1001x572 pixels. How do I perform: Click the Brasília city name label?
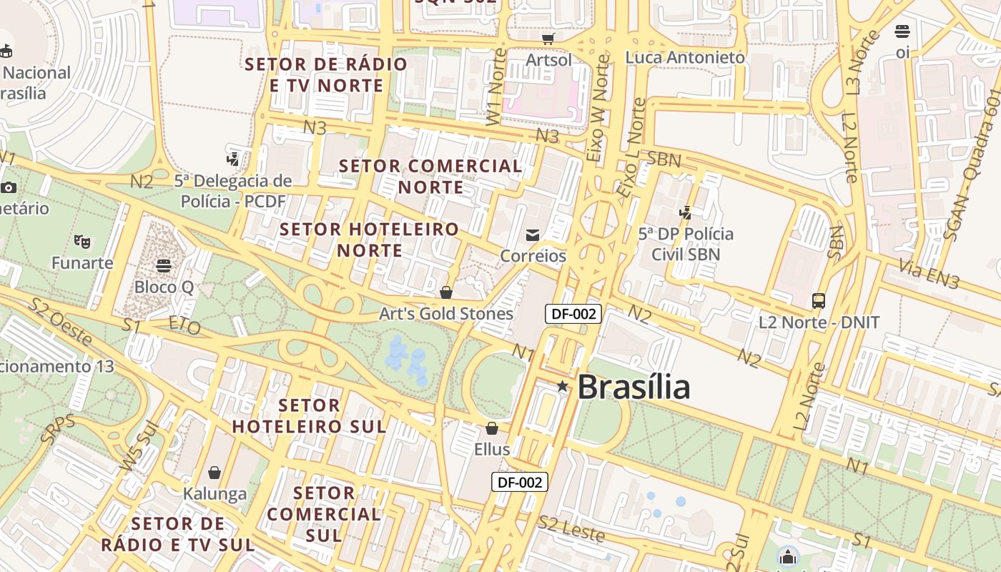pos(633,387)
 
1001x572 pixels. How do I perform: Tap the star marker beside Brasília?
pos(563,386)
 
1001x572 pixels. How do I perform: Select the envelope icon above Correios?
pos(533,235)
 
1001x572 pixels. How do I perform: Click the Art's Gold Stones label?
pos(446,314)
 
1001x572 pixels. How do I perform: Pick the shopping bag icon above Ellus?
pos(492,428)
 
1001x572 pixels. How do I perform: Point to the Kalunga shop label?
pos(214,493)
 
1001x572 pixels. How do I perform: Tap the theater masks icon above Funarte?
pos(82,242)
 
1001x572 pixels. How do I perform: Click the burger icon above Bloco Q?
pos(164,266)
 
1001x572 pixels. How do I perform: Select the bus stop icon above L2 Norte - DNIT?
pos(819,301)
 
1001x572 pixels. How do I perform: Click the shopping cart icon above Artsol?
pos(548,39)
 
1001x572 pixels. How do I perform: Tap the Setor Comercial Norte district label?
pos(430,177)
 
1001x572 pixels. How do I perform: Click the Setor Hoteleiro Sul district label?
pos(309,416)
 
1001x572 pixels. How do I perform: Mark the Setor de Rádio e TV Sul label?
pos(177,534)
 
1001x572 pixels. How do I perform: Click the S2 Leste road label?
pos(571,529)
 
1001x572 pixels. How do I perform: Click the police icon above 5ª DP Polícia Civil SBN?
pos(686,212)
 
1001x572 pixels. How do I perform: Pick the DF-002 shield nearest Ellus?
pos(520,482)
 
